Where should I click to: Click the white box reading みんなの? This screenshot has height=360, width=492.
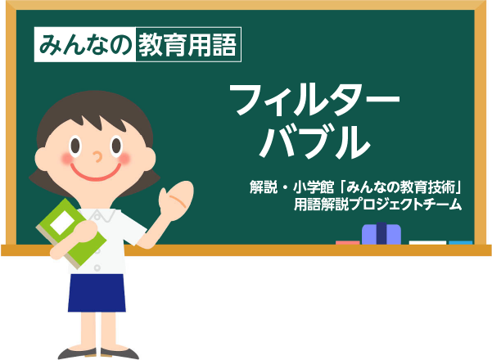pos(85,44)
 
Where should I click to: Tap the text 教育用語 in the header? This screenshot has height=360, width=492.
pos(187,45)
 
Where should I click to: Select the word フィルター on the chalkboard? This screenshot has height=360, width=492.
pos(314,99)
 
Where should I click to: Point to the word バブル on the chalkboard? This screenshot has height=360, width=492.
pos(314,142)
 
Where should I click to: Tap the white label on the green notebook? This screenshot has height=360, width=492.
pos(62,223)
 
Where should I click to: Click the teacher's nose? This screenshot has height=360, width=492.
pos(98,156)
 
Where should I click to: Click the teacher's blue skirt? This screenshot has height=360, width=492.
pos(97,293)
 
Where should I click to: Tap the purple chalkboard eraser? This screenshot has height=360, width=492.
pos(381,234)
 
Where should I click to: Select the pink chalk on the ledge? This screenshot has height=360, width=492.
pos(348,243)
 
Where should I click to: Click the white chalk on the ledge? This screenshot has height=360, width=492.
pos(427,243)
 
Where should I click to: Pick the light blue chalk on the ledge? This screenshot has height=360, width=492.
pos(461,243)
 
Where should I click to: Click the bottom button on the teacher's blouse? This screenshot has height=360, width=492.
pos(97,268)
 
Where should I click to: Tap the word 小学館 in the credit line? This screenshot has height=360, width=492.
pos(314,187)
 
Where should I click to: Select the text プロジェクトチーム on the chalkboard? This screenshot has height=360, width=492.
pos(405,205)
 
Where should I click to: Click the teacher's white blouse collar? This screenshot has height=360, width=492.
pos(101,215)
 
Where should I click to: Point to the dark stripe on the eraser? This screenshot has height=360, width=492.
pos(381,233)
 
